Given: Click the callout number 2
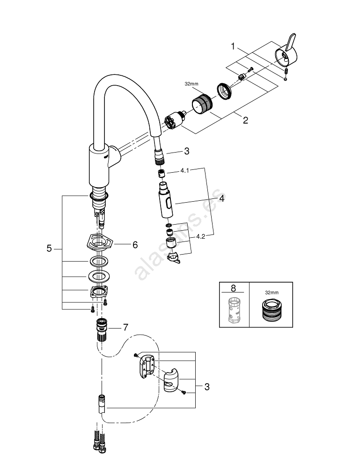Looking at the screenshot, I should click(x=245, y=120).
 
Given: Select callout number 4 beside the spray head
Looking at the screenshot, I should click(x=222, y=198).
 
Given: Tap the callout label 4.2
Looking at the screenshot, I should click(x=201, y=237).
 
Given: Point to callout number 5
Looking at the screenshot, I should click(x=49, y=249).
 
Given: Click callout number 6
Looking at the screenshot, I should click(x=135, y=244).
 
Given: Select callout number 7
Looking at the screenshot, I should click(x=125, y=327).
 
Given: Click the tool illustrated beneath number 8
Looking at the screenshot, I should click(x=234, y=309).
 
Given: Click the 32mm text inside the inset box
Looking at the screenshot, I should click(x=271, y=292).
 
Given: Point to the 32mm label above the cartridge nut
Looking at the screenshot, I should click(x=191, y=85).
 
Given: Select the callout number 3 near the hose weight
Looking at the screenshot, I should click(x=206, y=387).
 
